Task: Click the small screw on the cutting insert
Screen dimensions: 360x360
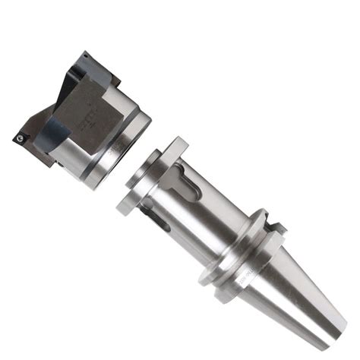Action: coord(17,138)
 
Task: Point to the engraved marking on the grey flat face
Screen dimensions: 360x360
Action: coord(86,119)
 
